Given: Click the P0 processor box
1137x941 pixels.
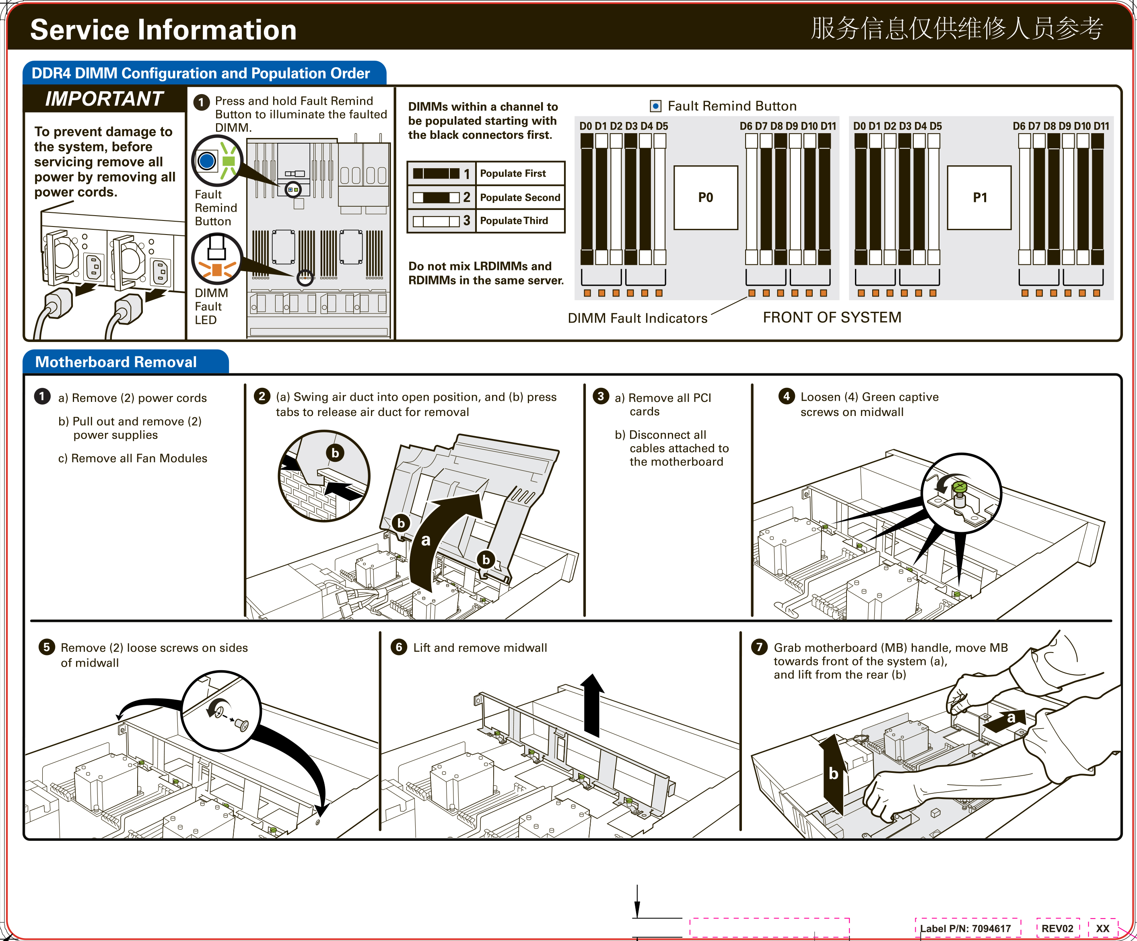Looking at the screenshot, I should click(x=705, y=198).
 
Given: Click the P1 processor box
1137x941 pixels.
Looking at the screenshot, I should click(x=979, y=198).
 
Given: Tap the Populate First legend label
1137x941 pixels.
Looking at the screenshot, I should click(x=513, y=173).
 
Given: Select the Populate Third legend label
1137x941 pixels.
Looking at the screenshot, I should click(x=514, y=221).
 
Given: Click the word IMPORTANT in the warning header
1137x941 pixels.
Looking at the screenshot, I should click(x=104, y=99).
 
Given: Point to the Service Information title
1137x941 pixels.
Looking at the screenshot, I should click(x=163, y=30).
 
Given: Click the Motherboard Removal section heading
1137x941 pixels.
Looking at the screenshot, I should click(x=116, y=362).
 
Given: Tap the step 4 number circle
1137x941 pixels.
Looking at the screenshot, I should click(x=786, y=396).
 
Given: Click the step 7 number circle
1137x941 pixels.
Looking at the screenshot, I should click(x=759, y=647).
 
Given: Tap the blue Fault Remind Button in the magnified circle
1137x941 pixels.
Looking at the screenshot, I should click(x=207, y=161).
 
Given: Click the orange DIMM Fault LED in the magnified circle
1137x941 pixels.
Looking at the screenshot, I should click(x=216, y=270).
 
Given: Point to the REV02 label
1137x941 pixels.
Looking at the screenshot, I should click(x=1057, y=929).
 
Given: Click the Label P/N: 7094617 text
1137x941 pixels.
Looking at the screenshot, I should click(x=965, y=929).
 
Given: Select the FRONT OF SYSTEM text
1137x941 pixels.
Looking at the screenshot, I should click(x=832, y=317).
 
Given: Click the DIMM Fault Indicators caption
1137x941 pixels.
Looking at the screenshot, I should click(x=637, y=318).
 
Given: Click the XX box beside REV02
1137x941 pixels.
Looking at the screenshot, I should click(x=1102, y=929).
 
